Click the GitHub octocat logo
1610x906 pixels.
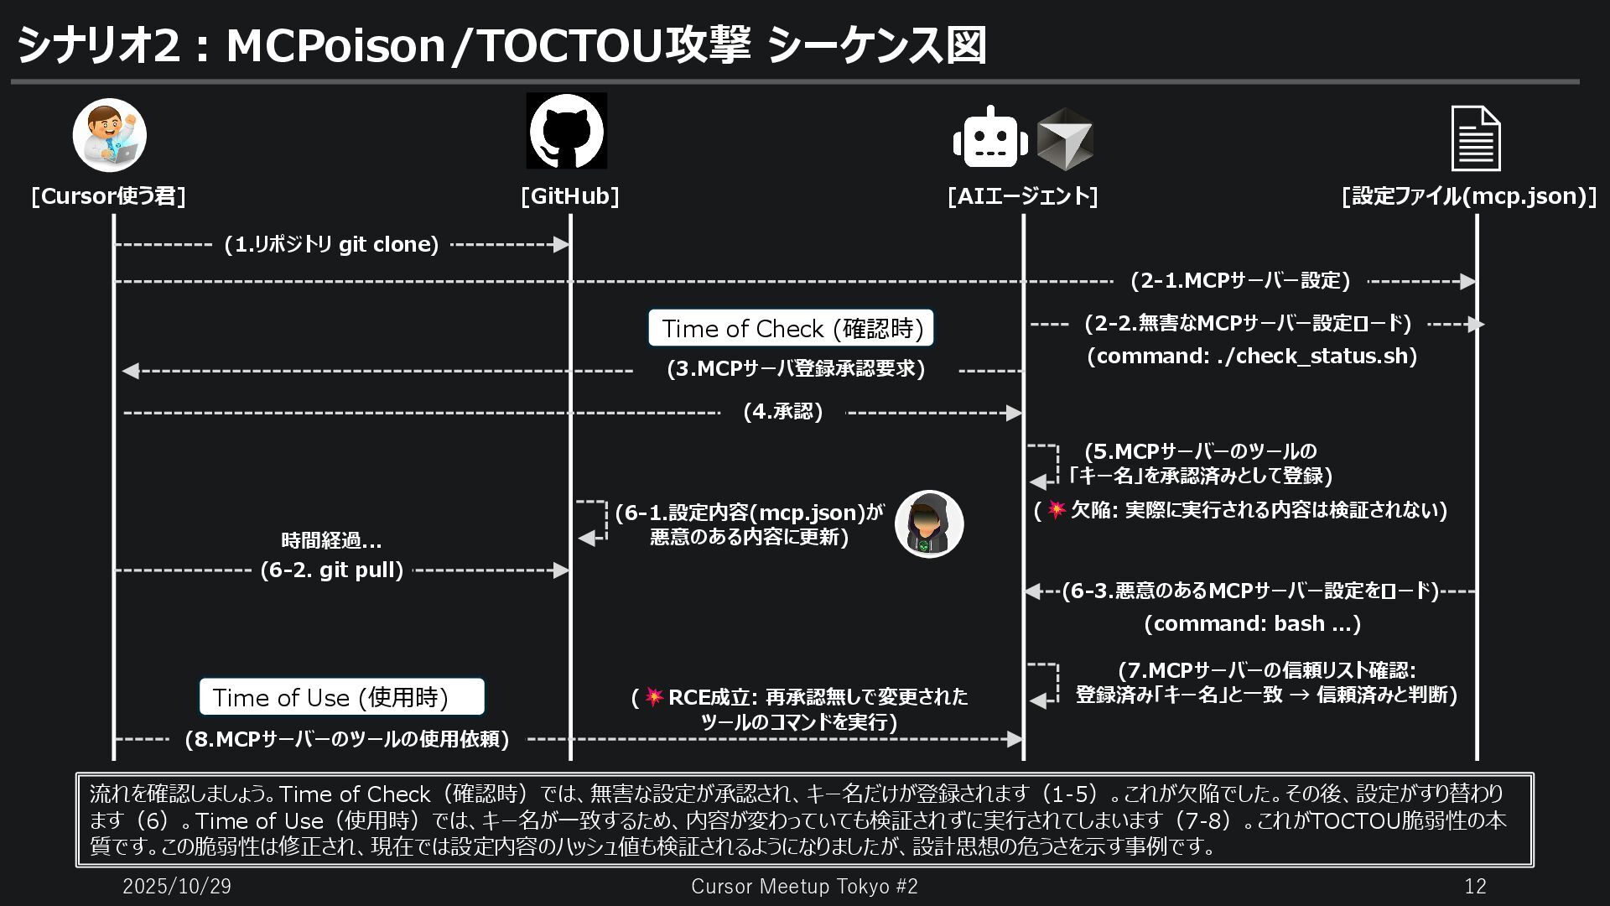(566, 131)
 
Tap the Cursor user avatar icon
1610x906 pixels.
(109, 135)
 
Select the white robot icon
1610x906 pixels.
(989, 138)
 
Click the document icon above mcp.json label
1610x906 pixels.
(1476, 138)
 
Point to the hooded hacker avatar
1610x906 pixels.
(929, 524)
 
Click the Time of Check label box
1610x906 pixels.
(791, 328)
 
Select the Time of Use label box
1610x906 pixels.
(341, 697)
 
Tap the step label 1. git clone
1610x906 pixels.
(331, 245)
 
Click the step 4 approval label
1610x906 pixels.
(783, 412)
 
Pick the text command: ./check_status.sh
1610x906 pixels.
(1251, 356)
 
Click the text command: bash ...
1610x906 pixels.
(1251, 623)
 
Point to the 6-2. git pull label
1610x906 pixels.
(332, 570)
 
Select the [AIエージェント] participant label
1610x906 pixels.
(1022, 196)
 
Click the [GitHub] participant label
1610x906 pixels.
(569, 196)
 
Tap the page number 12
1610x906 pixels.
(1474, 886)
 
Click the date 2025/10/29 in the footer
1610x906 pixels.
(177, 886)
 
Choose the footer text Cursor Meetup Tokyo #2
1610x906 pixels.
(804, 886)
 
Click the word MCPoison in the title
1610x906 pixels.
(335, 45)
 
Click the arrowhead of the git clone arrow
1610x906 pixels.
(562, 245)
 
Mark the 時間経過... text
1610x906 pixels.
(331, 541)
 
